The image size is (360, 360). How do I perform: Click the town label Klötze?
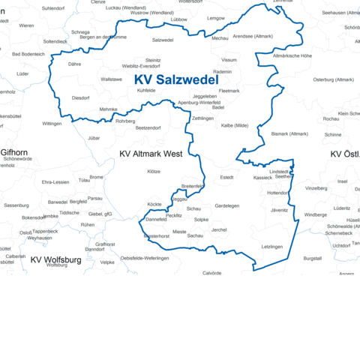click(154, 172)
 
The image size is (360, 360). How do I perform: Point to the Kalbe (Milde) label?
click(235, 125)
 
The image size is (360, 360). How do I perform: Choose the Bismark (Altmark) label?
click(289, 133)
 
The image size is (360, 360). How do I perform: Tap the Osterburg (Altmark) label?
click(333, 79)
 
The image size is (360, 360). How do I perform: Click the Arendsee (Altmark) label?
click(253, 36)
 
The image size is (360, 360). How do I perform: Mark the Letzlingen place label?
click(272, 246)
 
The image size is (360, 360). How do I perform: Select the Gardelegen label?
click(226, 205)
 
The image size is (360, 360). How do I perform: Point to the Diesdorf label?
click(80, 97)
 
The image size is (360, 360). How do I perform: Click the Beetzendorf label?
click(148, 128)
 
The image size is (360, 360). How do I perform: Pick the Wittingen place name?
click(52, 123)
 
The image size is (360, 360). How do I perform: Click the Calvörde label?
click(212, 273)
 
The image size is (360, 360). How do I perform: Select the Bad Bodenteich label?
click(28, 54)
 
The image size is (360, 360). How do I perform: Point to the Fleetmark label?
click(229, 91)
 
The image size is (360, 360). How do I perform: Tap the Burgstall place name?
click(312, 258)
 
